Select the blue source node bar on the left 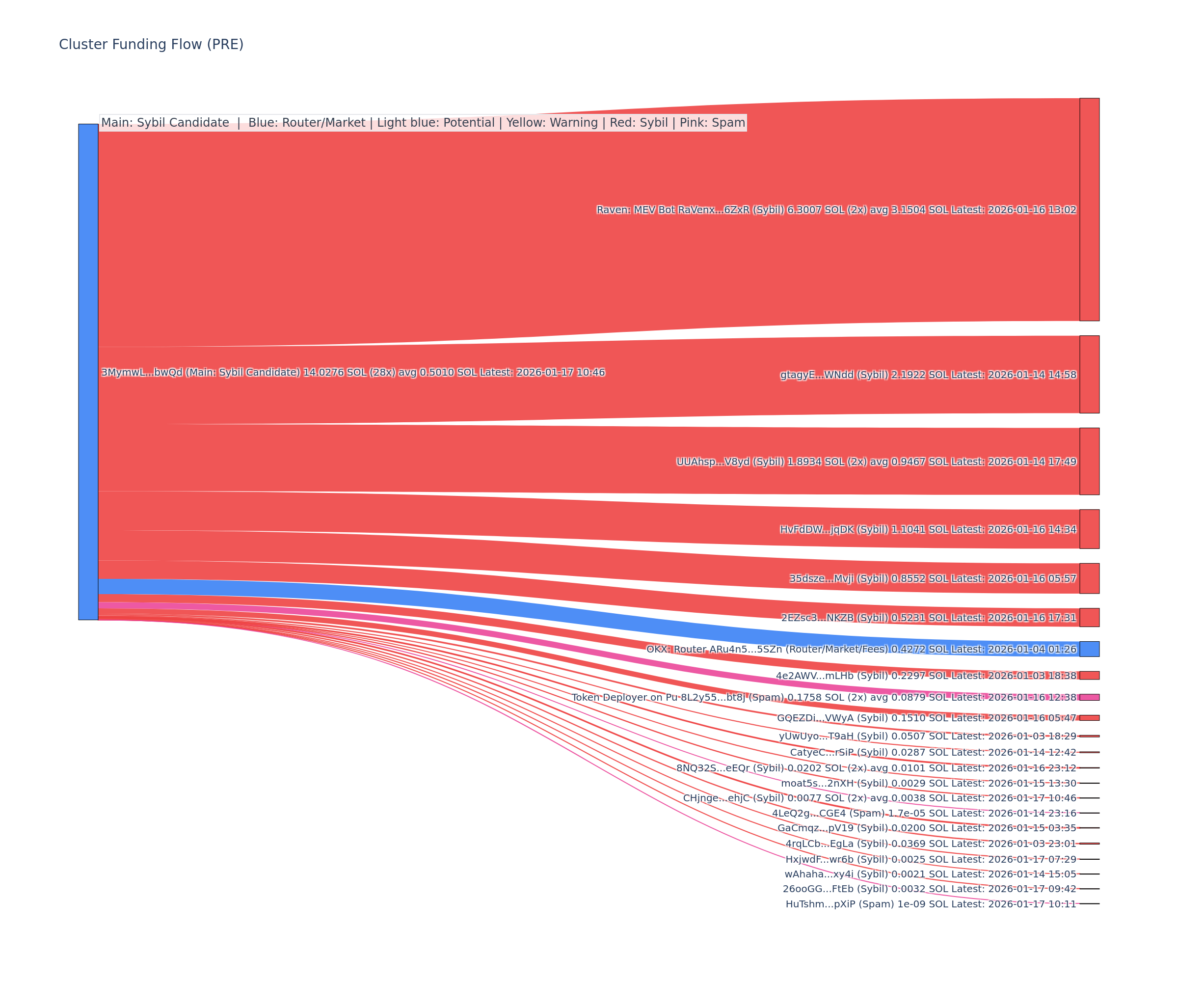[x=88, y=372]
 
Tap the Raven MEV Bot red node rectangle [x=1089, y=209]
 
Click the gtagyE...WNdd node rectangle [x=1089, y=374]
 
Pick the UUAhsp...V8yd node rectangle [x=1089, y=461]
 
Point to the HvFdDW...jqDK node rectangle [x=1089, y=529]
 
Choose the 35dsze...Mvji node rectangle [x=1089, y=578]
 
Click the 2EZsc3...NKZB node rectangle [x=1089, y=617]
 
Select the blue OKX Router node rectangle [x=1089, y=649]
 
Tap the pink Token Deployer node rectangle [x=1089, y=697]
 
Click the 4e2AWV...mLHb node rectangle [x=1089, y=675]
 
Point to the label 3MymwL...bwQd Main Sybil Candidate [x=353, y=372]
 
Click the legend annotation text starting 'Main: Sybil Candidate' [x=423, y=122]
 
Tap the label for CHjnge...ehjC [x=879, y=798]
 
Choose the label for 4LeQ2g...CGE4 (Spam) [x=924, y=813]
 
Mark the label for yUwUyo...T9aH [x=927, y=736]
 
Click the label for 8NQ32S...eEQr [x=876, y=767]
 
